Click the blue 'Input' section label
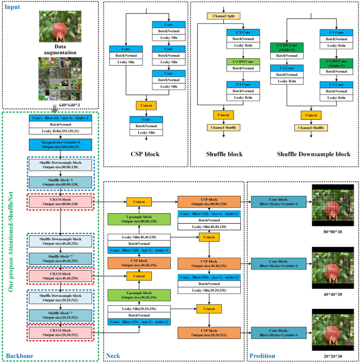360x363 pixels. [13, 8]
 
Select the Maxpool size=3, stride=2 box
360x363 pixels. [61, 144]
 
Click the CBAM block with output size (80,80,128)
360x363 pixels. [61, 202]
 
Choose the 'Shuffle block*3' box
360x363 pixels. [61, 182]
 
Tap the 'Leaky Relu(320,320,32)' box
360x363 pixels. [61, 130]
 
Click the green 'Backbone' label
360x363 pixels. [19, 356]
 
